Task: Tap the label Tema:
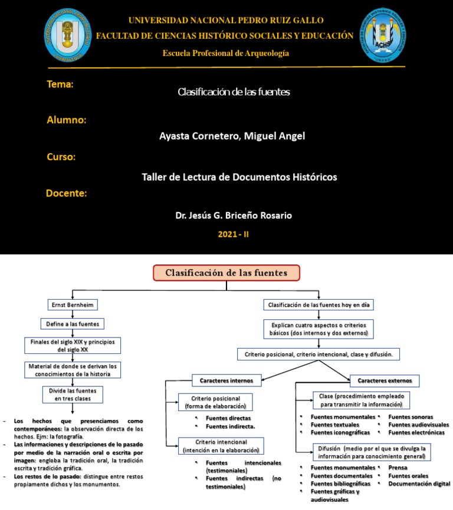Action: [60, 85]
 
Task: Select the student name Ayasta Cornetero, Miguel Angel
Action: [232, 136]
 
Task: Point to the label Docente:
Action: [67, 194]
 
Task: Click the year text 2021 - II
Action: [234, 234]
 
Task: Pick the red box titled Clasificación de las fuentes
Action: [226, 273]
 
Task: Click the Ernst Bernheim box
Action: [72, 305]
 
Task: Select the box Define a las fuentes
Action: [72, 324]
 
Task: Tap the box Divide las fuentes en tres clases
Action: [73, 393]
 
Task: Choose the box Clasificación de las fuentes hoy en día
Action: [319, 305]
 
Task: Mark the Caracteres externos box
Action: [384, 380]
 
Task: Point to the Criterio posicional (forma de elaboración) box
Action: [215, 402]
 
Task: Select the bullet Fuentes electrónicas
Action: [416, 432]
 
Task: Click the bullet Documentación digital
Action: [419, 483]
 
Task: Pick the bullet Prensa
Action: [398, 468]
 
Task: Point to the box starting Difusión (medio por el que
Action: [371, 452]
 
